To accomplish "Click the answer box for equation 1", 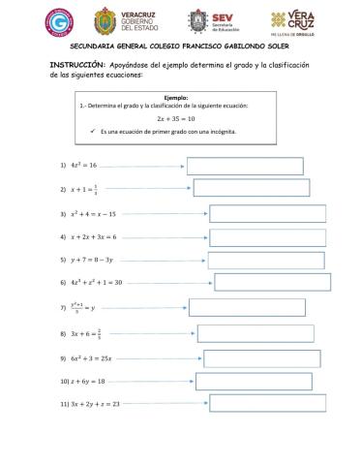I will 244,166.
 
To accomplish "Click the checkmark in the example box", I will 90,131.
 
